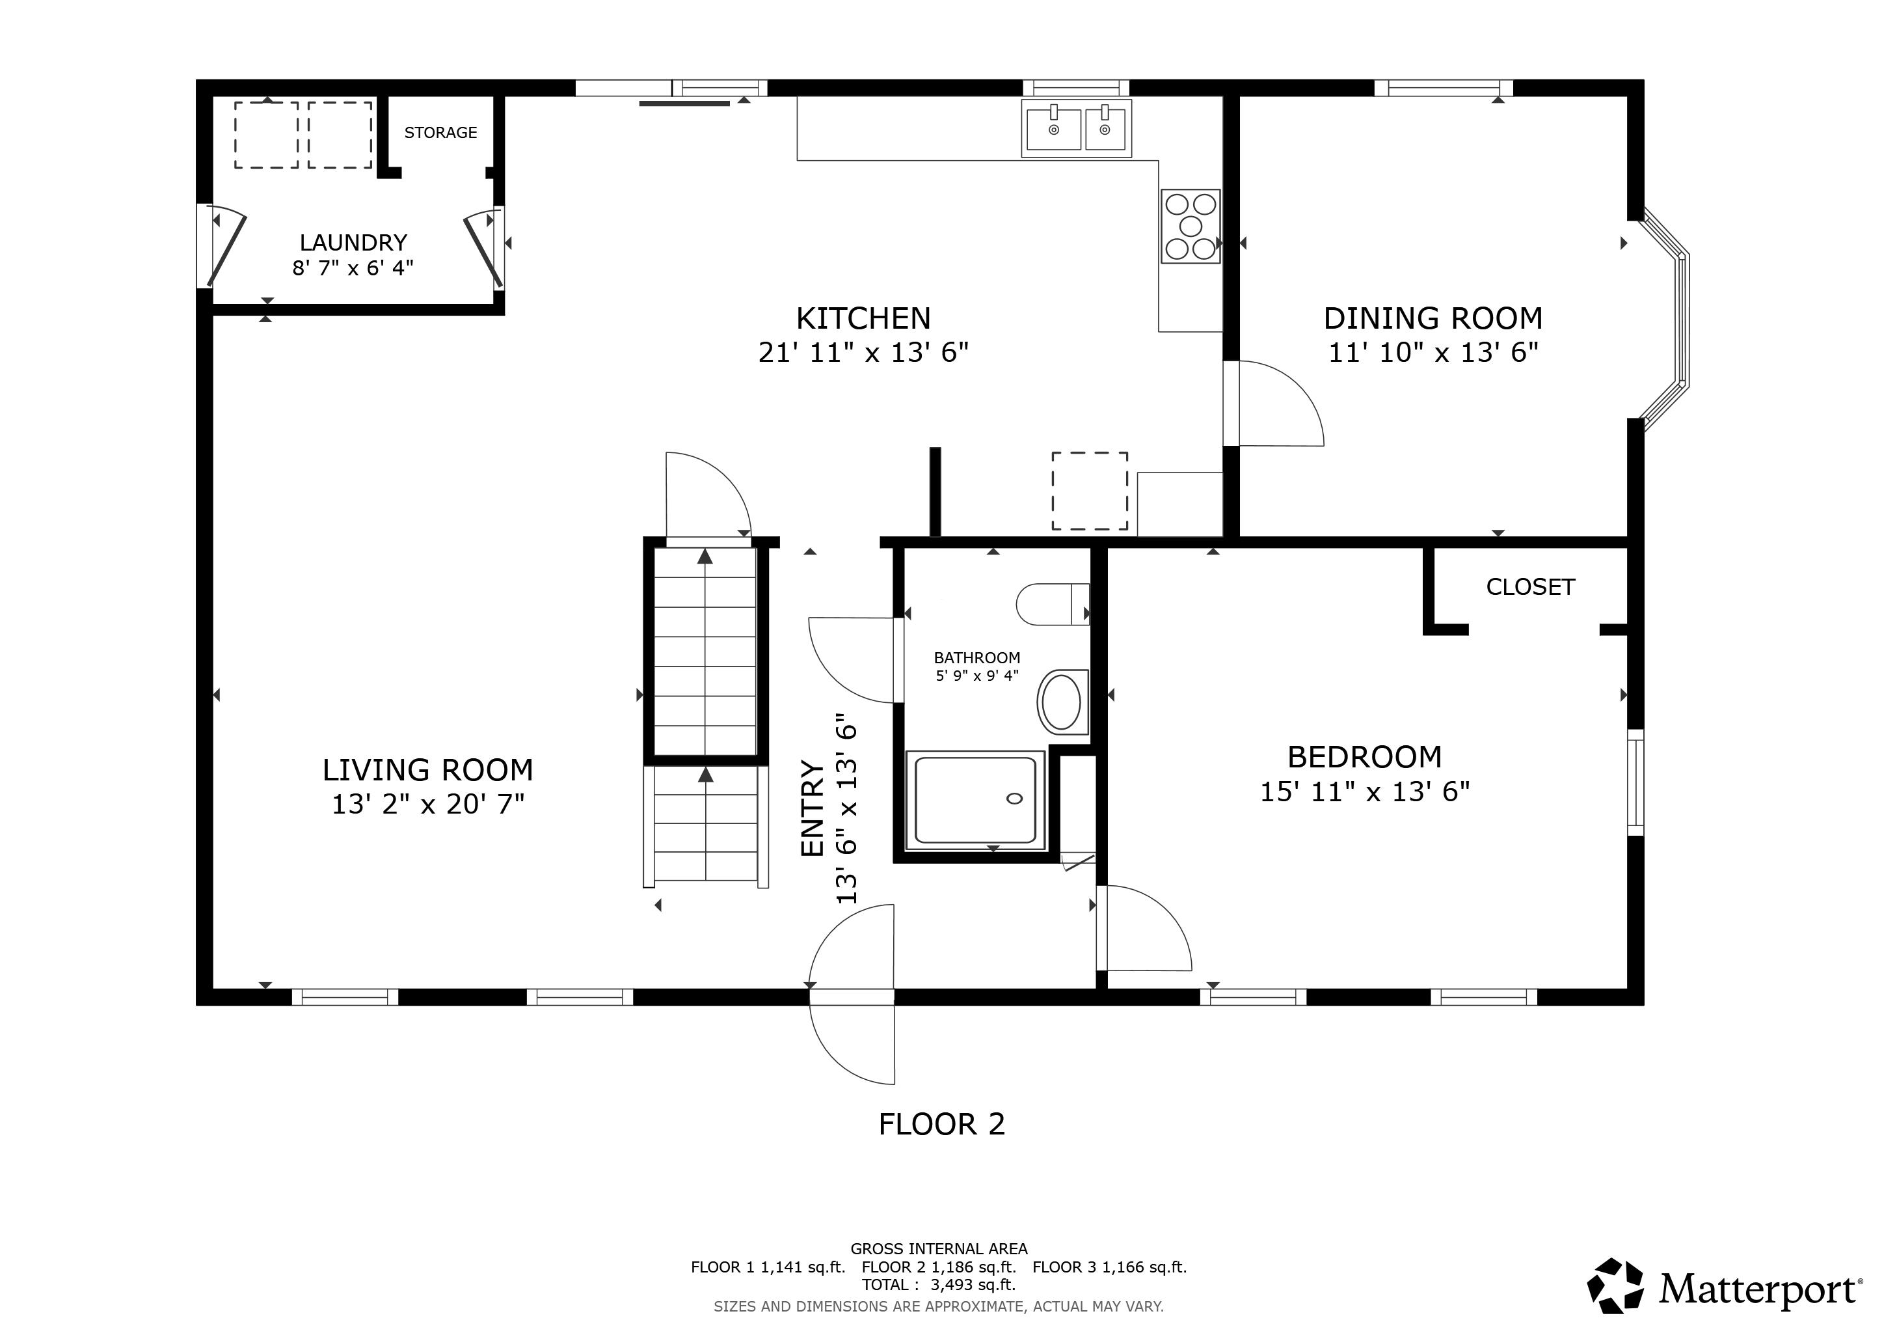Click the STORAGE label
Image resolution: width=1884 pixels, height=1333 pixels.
click(x=440, y=132)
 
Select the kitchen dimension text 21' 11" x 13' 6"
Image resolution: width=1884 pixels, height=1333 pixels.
click(x=863, y=353)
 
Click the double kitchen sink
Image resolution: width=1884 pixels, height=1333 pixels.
click(x=1076, y=128)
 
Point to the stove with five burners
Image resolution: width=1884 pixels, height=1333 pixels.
click(x=1190, y=226)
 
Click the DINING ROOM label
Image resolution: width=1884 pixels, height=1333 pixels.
click(x=1433, y=318)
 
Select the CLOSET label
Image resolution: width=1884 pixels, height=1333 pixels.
click(x=1530, y=587)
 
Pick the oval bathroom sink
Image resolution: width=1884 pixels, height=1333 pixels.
click(x=1061, y=702)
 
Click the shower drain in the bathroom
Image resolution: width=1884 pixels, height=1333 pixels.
click(x=1014, y=799)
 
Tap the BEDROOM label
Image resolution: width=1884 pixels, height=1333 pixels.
click(x=1364, y=756)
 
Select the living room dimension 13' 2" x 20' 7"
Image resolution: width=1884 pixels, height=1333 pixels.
click(x=427, y=804)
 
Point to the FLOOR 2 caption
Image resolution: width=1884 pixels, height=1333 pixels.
click(x=941, y=1123)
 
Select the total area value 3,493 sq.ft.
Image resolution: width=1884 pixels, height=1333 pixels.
click(x=973, y=1285)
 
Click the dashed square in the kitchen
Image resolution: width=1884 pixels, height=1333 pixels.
click(x=1090, y=491)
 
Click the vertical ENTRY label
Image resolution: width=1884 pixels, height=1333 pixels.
click(x=811, y=808)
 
